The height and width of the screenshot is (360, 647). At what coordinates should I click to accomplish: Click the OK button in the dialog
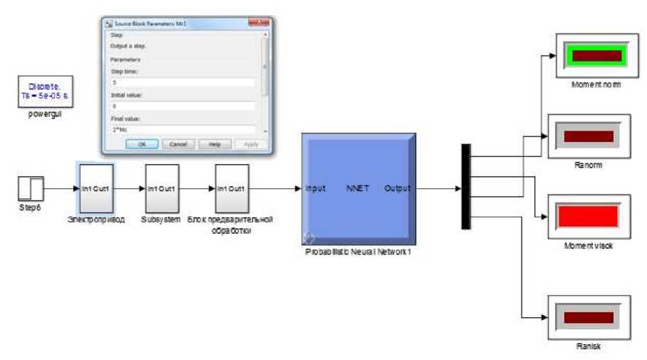(142, 144)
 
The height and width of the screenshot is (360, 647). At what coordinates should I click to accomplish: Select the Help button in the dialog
(214, 144)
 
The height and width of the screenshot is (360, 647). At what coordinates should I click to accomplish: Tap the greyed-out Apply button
(250, 144)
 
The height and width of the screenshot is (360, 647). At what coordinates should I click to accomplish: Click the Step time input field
(182, 83)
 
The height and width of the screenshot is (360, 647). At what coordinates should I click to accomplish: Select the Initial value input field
(182, 106)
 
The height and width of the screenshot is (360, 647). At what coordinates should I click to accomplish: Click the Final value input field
(182, 129)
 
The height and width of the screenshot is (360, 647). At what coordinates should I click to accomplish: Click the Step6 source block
(31, 189)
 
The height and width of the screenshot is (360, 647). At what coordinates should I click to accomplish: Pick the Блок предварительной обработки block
(232, 188)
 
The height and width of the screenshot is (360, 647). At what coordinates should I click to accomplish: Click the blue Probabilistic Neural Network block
(358, 188)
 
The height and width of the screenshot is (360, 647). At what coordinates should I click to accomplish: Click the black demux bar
(466, 187)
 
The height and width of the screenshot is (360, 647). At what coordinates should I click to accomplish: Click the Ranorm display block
(588, 136)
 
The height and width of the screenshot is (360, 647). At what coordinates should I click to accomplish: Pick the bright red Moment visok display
(588, 216)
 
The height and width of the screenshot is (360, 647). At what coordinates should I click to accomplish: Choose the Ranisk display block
(588, 317)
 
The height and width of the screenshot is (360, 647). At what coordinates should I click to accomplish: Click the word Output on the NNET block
(398, 189)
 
